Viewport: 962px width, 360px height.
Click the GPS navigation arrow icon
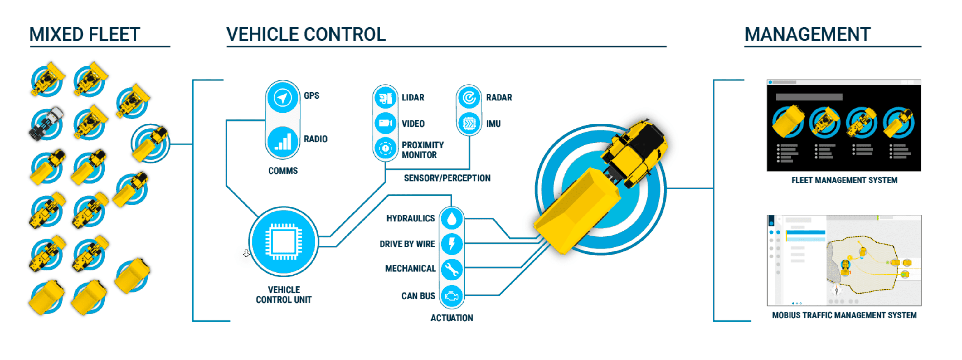282,98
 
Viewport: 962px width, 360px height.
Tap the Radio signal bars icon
282,142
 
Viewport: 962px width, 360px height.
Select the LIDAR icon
385,98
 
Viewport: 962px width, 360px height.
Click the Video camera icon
385,123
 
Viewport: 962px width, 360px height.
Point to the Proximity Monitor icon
385,148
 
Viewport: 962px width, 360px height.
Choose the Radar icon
469,98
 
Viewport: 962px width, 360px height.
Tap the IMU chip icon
469,123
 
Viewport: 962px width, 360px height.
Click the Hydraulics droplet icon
451,219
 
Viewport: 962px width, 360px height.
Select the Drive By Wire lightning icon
451,244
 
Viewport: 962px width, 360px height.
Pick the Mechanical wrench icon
451,269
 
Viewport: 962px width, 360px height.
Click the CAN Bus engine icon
451,296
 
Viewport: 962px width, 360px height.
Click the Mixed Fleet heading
85,34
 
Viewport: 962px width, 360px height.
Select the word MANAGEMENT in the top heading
807,34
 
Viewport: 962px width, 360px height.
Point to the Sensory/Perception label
447,178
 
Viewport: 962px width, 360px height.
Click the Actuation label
451,318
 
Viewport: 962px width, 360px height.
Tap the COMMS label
283,171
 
